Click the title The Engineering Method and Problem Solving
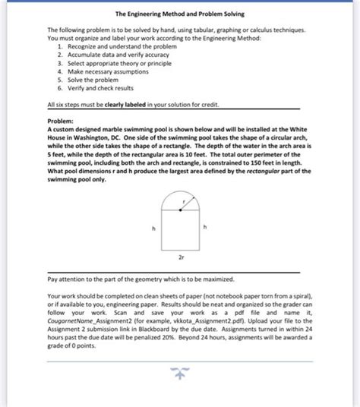tap(179, 14)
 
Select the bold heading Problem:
tap(62, 121)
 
